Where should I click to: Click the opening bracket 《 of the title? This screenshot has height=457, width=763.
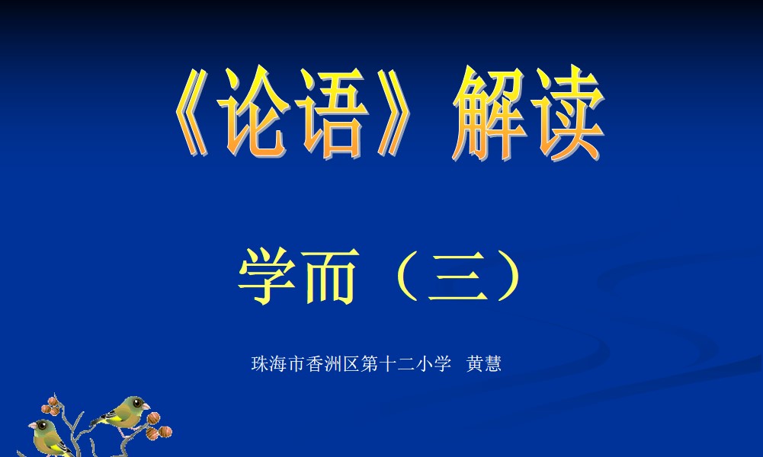coord(191,113)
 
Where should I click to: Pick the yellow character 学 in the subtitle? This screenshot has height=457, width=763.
coord(267,276)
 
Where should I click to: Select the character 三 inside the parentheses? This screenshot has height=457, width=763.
coord(457,276)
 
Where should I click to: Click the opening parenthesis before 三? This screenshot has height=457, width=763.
coord(408,276)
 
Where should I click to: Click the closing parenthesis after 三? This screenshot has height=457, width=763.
coord(509,276)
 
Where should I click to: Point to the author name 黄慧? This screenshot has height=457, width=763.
coord(484,363)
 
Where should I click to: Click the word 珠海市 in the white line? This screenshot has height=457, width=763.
coord(278,363)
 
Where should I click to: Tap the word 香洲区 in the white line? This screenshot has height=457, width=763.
coord(333,363)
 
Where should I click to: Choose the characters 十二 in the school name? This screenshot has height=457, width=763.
coord(396,363)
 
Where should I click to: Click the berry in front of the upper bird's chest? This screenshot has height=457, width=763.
coord(154,417)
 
